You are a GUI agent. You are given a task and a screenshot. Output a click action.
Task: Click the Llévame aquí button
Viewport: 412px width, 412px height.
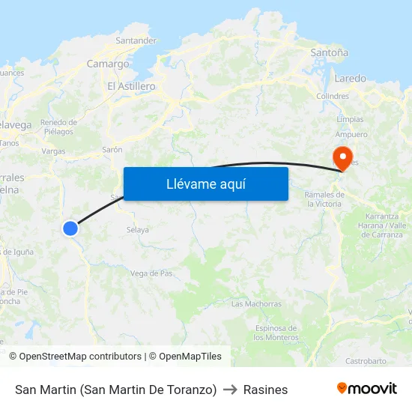pyautogui.click(x=205, y=184)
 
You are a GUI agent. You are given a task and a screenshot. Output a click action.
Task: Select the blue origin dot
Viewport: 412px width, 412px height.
pyautogui.click(x=70, y=228)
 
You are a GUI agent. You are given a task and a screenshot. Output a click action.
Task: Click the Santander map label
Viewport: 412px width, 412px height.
pyautogui.click(x=136, y=40)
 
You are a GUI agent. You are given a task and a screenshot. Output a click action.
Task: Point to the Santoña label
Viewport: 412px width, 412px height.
pyautogui.click(x=329, y=53)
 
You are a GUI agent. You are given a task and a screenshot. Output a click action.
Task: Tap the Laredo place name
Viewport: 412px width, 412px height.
pyautogui.click(x=350, y=78)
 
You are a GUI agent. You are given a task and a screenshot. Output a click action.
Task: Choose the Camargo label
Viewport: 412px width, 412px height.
pyautogui.click(x=108, y=64)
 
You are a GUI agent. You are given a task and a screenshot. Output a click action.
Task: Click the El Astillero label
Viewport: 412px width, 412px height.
pyautogui.click(x=131, y=86)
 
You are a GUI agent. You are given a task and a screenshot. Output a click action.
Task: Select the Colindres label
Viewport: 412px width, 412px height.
pyautogui.click(x=333, y=97)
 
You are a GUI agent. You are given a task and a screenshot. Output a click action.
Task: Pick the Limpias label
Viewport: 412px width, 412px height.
pyautogui.click(x=350, y=119)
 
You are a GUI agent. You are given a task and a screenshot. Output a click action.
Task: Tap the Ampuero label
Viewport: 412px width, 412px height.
pyautogui.click(x=351, y=135)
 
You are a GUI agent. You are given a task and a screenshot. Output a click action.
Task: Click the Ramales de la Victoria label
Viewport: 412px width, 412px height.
pyautogui.click(x=324, y=199)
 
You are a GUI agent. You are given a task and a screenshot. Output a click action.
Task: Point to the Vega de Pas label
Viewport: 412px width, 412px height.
pyautogui.click(x=151, y=273)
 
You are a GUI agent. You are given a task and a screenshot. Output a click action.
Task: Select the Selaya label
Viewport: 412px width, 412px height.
pyautogui.click(x=138, y=230)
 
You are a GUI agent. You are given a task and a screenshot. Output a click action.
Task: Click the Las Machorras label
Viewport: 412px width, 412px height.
pyautogui.click(x=256, y=304)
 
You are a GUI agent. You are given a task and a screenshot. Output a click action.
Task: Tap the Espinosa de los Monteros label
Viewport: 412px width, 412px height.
pyautogui.click(x=276, y=333)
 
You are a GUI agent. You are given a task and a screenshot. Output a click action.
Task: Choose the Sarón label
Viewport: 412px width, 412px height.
pyautogui.click(x=112, y=150)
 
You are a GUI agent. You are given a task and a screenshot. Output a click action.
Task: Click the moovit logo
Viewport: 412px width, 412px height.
pyautogui.click(x=366, y=389)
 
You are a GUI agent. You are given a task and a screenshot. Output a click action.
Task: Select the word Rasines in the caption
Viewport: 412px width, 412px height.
pyautogui.click(x=265, y=390)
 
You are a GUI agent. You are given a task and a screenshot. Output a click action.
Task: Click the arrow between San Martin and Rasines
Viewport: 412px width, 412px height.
pyautogui.click(x=230, y=390)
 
